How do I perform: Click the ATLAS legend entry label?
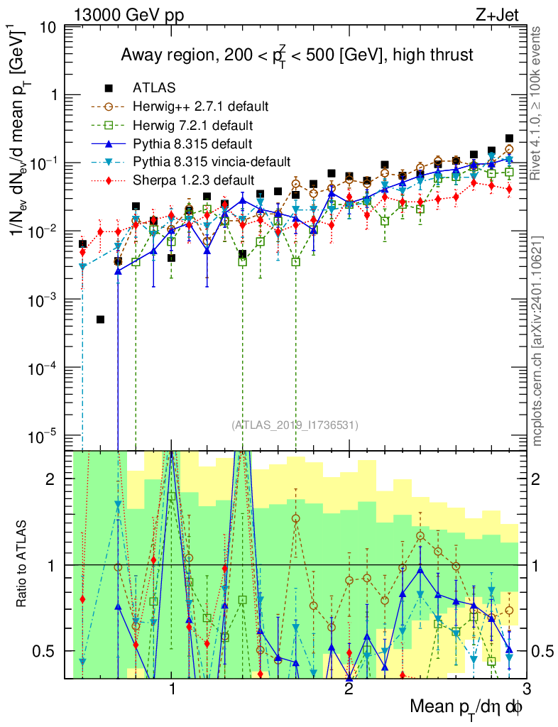point(154,88)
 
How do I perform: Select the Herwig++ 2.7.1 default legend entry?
point(199,106)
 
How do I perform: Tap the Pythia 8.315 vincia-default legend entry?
point(212,162)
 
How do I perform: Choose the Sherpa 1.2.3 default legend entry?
point(193,180)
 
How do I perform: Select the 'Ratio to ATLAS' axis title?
point(26,564)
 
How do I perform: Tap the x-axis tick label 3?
point(525,688)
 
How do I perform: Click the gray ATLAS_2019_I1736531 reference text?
point(295,425)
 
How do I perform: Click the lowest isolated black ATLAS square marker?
point(101,319)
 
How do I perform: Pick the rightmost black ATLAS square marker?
point(509,138)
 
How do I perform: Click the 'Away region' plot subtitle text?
point(296,55)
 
